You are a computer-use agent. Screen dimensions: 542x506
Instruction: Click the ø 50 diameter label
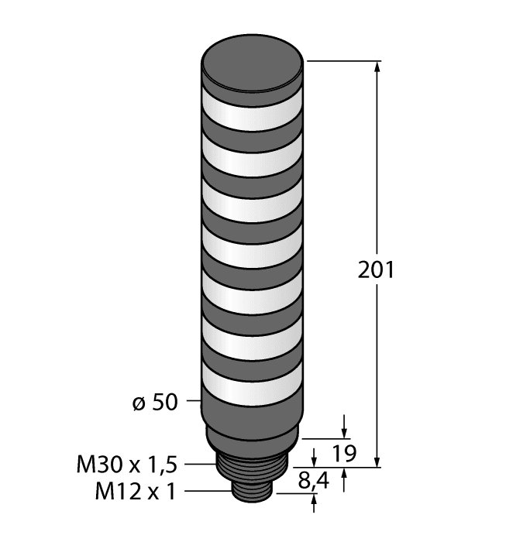pos(156,402)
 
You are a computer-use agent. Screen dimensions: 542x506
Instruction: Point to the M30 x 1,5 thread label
pos(128,465)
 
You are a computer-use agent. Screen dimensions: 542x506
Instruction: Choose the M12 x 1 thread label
pos(136,491)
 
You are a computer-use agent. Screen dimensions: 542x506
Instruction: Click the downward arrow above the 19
pos(343,431)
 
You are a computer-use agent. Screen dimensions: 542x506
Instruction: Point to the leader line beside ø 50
pos(191,402)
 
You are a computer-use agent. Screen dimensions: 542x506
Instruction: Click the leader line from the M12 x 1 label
pos(209,491)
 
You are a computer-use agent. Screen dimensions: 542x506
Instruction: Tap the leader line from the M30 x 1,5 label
pos(199,465)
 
